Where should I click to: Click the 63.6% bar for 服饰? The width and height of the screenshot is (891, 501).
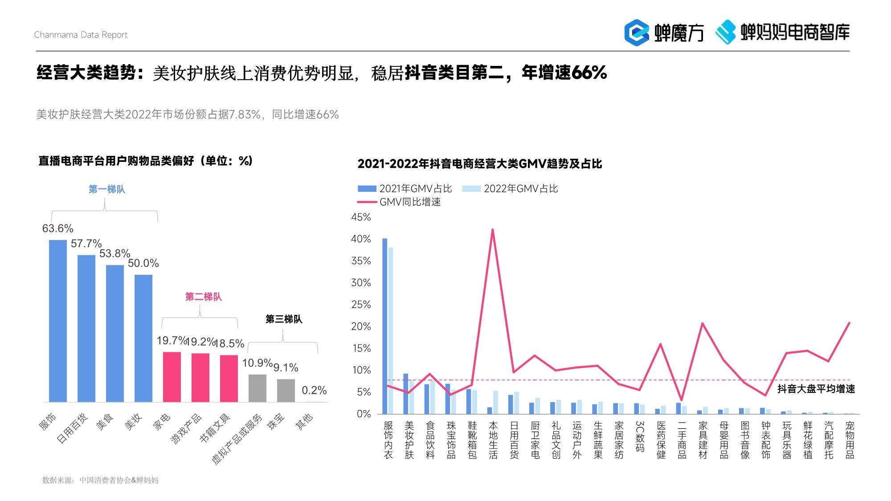[x=57, y=321]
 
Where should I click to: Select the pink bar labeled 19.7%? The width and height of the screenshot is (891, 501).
[x=172, y=377]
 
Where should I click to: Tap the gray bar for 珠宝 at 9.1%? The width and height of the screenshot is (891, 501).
[x=286, y=391]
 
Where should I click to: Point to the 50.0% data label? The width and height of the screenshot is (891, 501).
[x=143, y=263]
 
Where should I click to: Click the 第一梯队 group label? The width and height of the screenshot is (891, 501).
[x=107, y=189]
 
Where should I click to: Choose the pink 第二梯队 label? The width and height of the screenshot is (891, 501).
[x=204, y=297]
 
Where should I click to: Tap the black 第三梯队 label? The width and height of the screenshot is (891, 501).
[x=284, y=319]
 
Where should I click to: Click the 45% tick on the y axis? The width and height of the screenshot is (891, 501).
[x=361, y=217]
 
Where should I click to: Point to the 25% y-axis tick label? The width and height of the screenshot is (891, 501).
[x=361, y=304]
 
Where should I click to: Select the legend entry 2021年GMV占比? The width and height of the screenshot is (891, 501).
[x=405, y=189]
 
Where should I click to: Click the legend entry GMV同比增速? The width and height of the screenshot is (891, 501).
[x=399, y=202]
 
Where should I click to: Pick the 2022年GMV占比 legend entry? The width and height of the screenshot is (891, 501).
[x=511, y=189]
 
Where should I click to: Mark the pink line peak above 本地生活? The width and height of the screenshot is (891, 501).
[x=493, y=230]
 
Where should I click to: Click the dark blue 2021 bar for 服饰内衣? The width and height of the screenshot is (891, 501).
[x=385, y=326]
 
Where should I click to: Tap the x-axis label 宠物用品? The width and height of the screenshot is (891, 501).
[x=850, y=440]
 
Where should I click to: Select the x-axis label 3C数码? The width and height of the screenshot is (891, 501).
[x=640, y=436]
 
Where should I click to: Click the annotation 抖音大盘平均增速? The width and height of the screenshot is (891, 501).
[x=816, y=389]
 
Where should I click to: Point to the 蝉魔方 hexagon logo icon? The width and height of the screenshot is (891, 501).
[x=637, y=32]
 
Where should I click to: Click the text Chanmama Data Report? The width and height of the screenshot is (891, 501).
[x=81, y=35]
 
